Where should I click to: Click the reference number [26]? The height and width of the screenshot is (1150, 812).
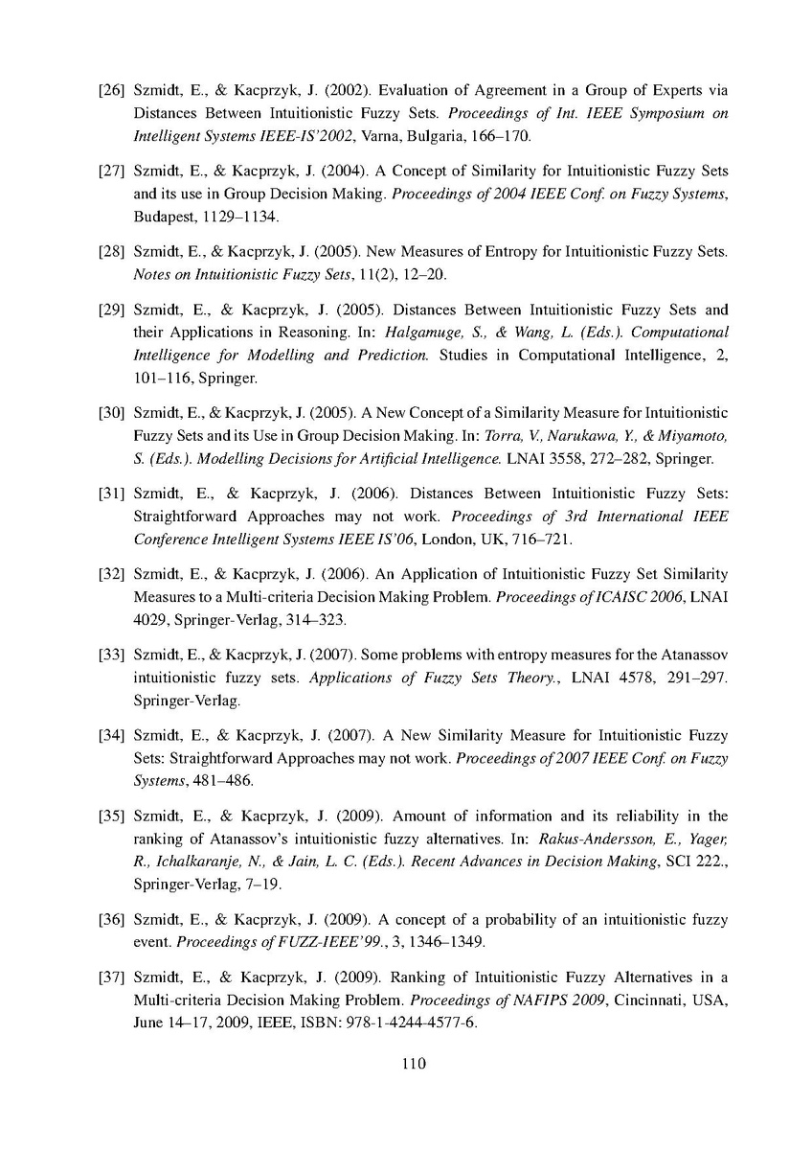coord(113,92)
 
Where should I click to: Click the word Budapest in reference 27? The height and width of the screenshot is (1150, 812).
coord(165,218)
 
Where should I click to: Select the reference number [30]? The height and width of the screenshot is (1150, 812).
coord(113,413)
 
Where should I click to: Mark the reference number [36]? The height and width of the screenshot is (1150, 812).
coord(113,920)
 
